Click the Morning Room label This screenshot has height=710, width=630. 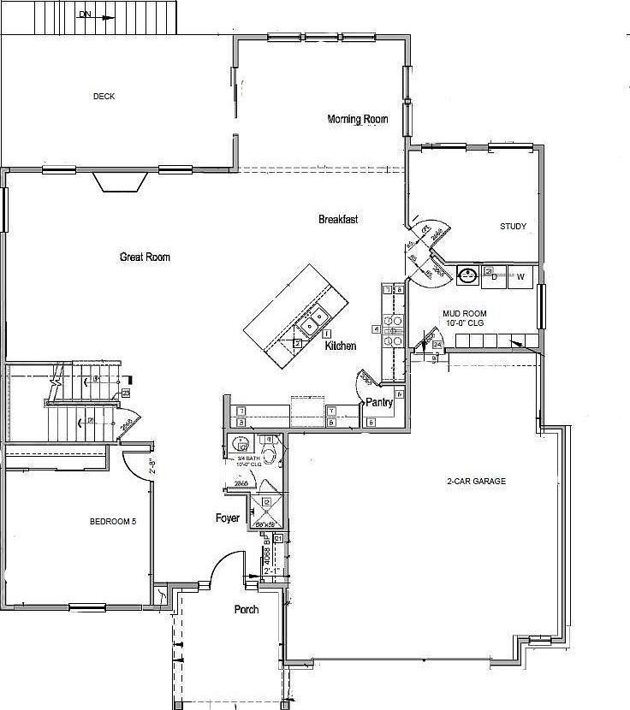[x=358, y=120]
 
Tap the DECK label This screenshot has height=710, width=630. [x=104, y=97]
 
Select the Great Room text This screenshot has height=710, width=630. [x=145, y=257]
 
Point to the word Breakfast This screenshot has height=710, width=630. [x=338, y=220]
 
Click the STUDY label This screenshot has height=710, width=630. [x=514, y=227]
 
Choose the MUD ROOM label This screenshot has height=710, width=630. [x=463, y=314]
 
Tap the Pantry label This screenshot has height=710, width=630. [x=379, y=401]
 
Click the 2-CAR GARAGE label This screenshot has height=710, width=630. [x=477, y=482]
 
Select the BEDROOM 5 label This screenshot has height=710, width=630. [x=113, y=522]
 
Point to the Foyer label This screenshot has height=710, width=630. [x=228, y=518]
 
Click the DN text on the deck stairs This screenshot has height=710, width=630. [x=85, y=15]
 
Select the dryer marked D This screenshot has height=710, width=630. [x=494, y=276]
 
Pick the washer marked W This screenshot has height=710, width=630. [x=520, y=276]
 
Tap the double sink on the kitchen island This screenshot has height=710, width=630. [x=312, y=320]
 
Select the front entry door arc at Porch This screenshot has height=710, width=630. [x=228, y=569]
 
